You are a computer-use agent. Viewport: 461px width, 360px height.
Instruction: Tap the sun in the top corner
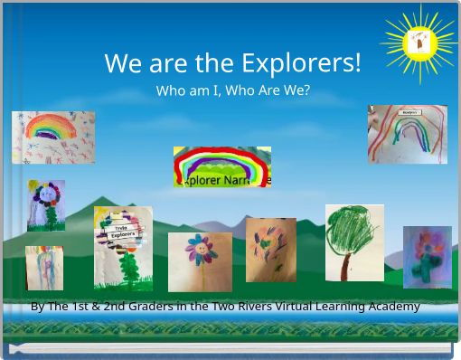pyautogui.click(x=419, y=43)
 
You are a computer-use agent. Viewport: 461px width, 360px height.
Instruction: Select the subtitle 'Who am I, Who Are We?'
pyautogui.click(x=232, y=90)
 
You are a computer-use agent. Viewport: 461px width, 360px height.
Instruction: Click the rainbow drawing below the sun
pyautogui.click(x=407, y=134)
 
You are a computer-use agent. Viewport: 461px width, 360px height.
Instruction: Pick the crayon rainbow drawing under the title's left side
pyautogui.click(x=53, y=137)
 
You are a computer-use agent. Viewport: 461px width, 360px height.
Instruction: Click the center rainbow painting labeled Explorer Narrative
pyautogui.click(x=222, y=166)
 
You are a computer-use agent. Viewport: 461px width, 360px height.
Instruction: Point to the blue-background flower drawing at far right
pyautogui.click(x=427, y=257)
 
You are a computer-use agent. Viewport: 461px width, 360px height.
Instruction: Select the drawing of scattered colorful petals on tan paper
pyautogui.click(x=270, y=249)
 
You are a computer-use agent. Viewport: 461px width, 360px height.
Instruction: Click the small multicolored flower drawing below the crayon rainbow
pyautogui.click(x=46, y=205)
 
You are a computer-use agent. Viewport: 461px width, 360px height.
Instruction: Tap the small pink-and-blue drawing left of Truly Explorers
pyautogui.click(x=44, y=268)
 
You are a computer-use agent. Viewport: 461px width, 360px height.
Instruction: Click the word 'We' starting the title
pyautogui.click(x=118, y=63)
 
